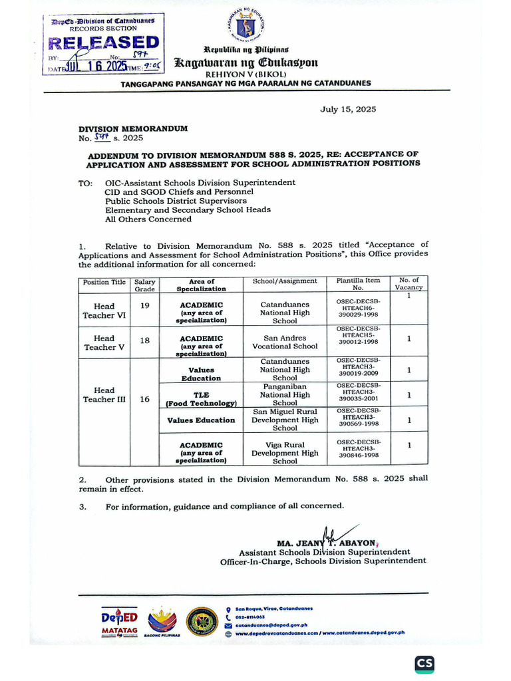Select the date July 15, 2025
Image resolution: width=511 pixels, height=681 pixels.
click(347, 109)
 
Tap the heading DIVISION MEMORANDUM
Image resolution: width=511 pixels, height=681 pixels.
click(133, 128)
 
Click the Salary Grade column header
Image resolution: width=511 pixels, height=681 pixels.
click(145, 285)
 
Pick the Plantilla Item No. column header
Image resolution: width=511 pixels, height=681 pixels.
click(359, 284)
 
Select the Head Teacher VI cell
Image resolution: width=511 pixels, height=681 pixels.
click(104, 311)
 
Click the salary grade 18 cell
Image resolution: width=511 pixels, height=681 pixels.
click(145, 340)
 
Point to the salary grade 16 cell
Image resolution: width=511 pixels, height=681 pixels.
click(145, 399)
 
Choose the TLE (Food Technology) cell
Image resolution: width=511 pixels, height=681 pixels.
click(202, 398)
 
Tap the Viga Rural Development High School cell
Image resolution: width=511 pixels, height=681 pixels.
click(285, 453)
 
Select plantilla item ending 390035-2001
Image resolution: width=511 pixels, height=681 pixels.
click(359, 394)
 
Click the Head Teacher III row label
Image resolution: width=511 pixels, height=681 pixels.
click(104, 394)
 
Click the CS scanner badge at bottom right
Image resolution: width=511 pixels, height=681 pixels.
click(425, 664)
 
